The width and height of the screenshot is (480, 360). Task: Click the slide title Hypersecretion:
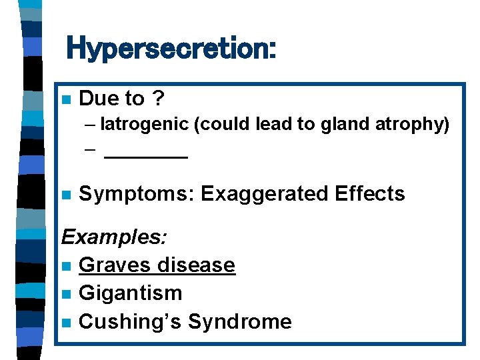pos(171,49)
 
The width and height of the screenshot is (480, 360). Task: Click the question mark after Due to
pos(157,99)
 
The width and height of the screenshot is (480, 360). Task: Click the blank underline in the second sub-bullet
pos(147,156)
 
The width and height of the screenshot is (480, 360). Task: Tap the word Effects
pos(370,194)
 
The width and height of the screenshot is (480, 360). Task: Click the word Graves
pos(114,265)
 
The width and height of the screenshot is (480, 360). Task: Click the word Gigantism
pos(130,293)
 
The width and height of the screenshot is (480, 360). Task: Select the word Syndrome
pos(239,321)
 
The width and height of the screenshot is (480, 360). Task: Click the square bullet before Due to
pos(65,99)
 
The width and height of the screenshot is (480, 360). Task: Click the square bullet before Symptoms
pos(65,195)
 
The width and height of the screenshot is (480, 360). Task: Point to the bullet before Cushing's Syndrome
pos(65,322)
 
